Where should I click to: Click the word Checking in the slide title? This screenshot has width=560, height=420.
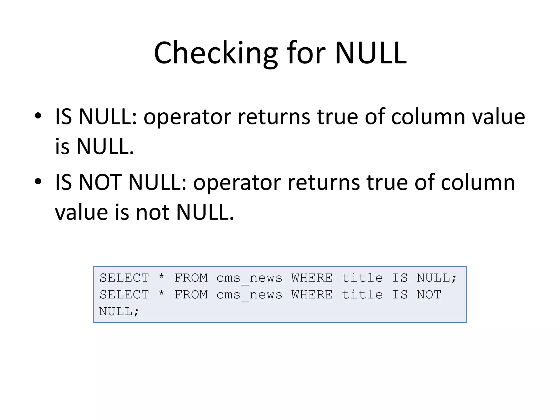coord(215,53)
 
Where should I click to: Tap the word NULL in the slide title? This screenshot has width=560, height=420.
coord(371,53)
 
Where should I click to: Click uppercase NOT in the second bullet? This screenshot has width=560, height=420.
coord(100,183)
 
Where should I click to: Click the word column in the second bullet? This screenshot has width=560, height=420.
coord(478,183)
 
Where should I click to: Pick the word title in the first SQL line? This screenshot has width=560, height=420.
coord(362,278)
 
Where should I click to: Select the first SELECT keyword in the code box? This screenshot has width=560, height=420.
coord(124,278)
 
